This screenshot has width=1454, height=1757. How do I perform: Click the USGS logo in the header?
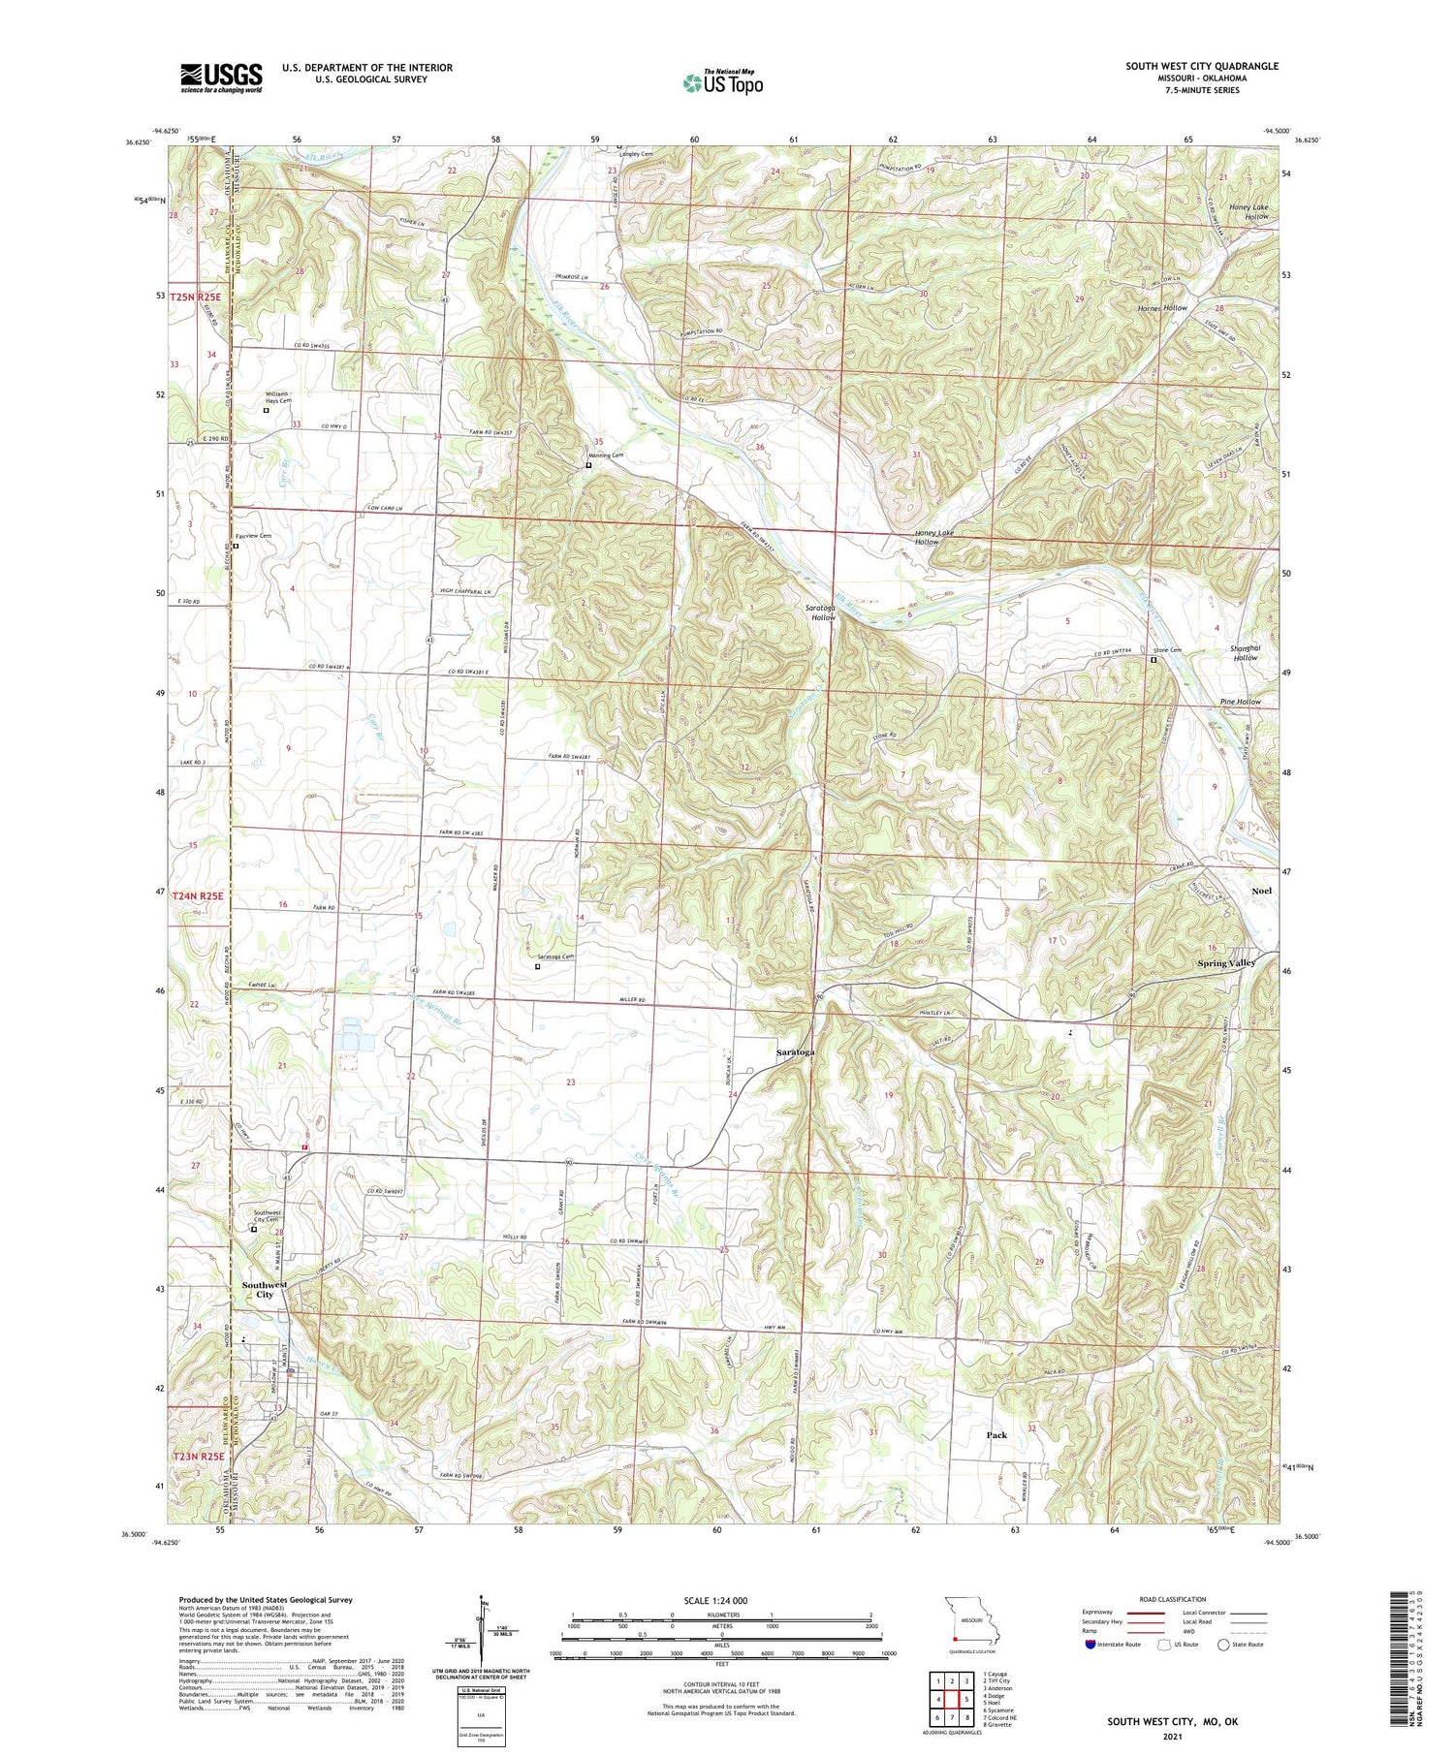pyautogui.click(x=221, y=78)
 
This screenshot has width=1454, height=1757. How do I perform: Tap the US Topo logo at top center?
pyautogui.click(x=723, y=83)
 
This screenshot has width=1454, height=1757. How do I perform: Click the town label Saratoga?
pyautogui.click(x=796, y=1051)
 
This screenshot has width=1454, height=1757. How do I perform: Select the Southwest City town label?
pyautogui.click(x=264, y=1290)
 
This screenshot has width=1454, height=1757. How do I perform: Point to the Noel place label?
pyautogui.click(x=1261, y=891)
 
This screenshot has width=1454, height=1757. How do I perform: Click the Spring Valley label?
pyautogui.click(x=1225, y=963)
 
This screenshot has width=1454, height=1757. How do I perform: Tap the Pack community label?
pyautogui.click(x=996, y=1435)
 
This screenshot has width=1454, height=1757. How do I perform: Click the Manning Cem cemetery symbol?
pyautogui.click(x=588, y=465)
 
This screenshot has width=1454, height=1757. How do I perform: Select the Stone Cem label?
pyautogui.click(x=1167, y=650)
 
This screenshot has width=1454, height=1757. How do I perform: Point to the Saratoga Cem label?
pyautogui.click(x=555, y=957)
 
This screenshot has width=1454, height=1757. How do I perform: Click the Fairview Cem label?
pyautogui.click(x=253, y=536)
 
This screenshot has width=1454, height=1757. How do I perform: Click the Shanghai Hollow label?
pyautogui.click(x=1245, y=652)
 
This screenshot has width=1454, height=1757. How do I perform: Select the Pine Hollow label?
pyautogui.click(x=1241, y=702)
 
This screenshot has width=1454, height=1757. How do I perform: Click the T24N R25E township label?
pyautogui.click(x=198, y=896)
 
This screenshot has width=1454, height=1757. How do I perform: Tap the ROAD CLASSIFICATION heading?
pyautogui.click(x=1172, y=1599)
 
